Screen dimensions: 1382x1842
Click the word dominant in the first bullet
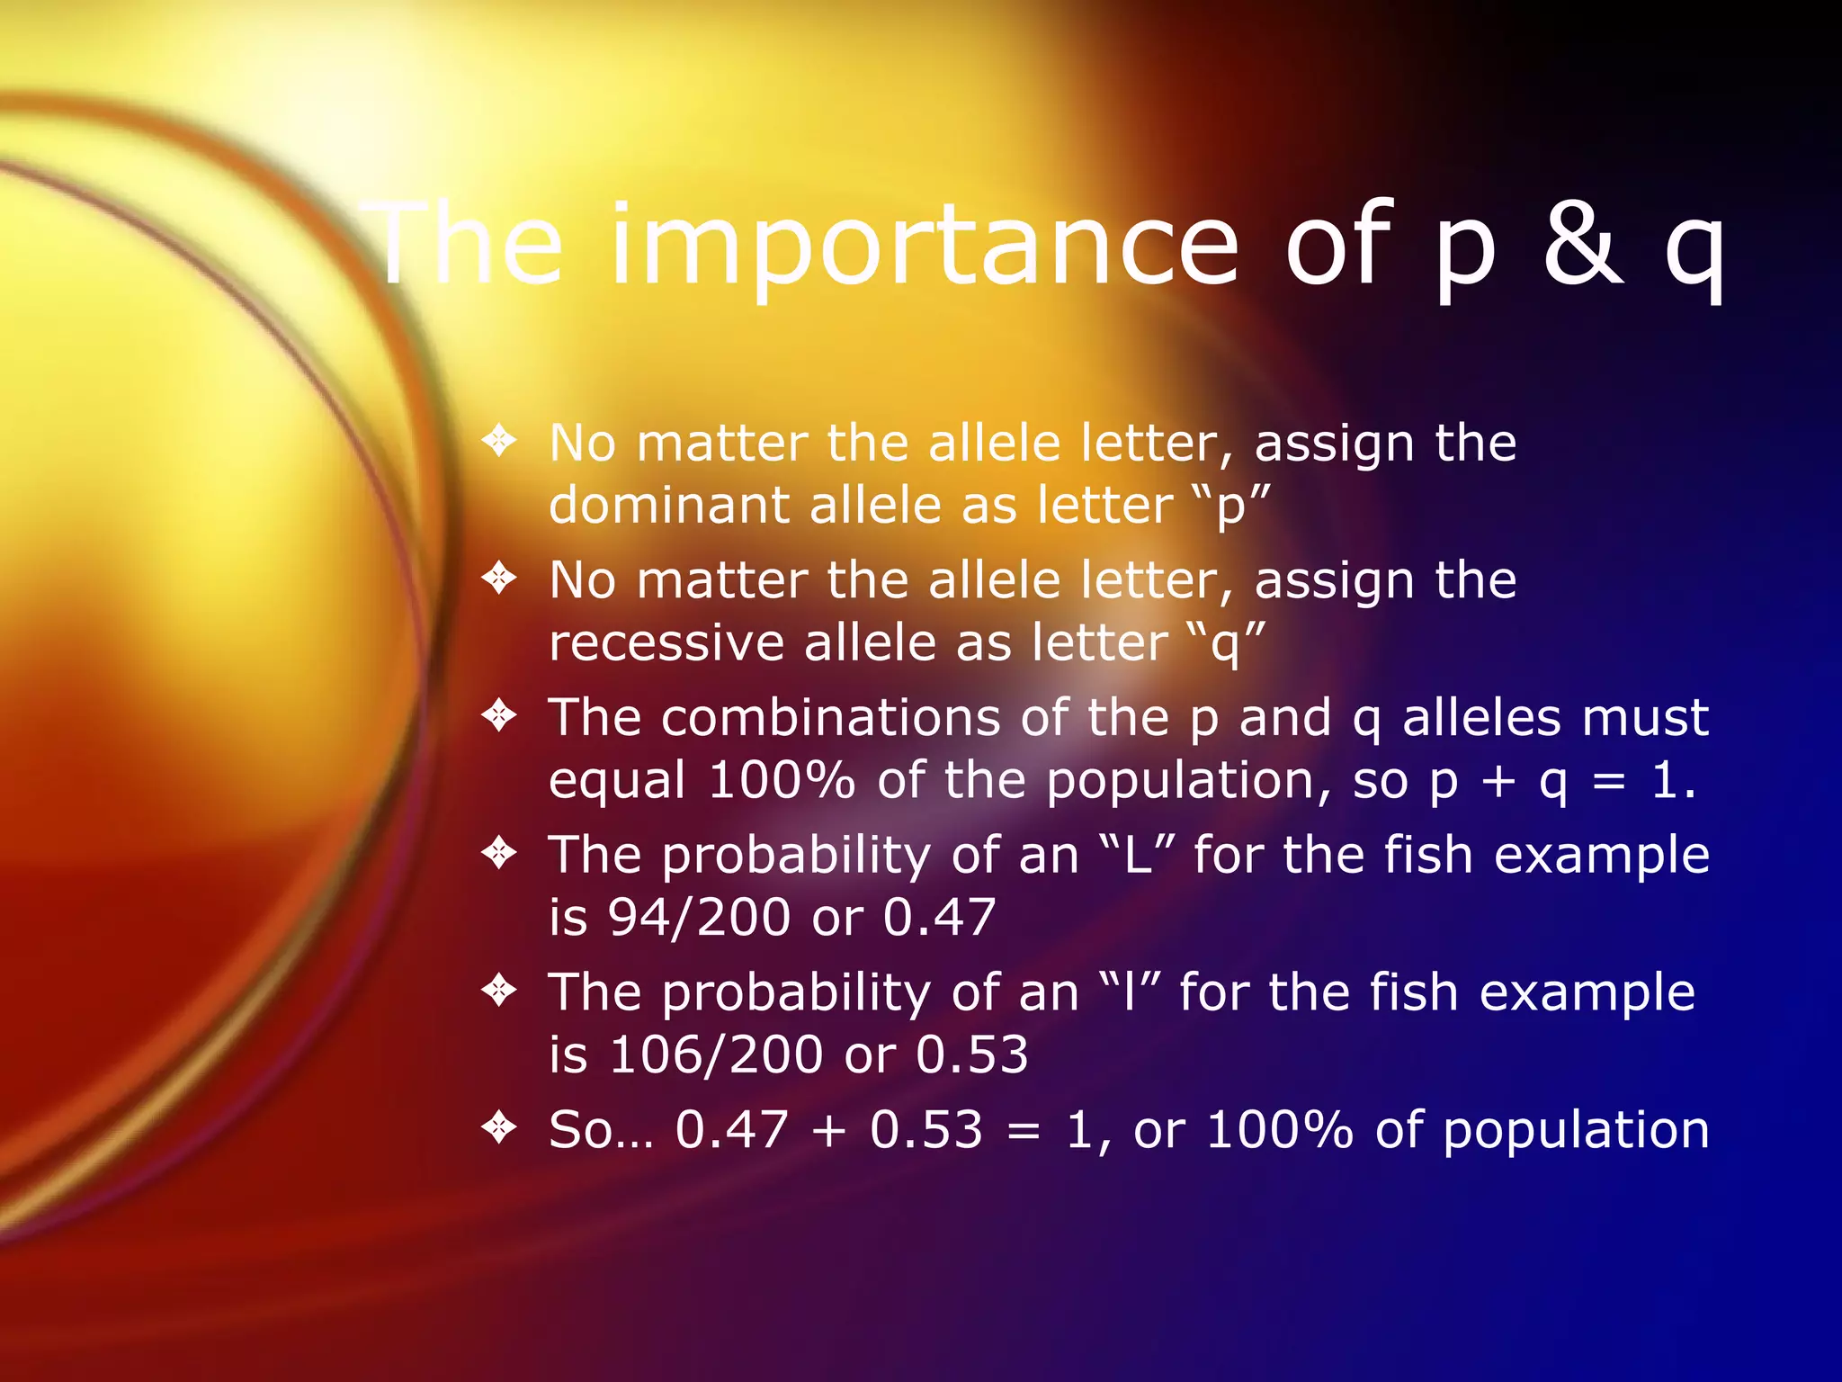click(668, 505)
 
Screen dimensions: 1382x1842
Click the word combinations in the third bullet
click(831, 717)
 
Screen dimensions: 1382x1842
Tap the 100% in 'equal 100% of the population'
click(781, 780)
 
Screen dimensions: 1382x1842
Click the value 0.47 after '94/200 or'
click(939, 918)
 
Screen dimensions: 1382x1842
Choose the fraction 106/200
click(716, 1054)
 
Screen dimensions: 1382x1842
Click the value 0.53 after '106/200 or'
click(971, 1054)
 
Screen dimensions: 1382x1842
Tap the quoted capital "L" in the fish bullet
click(1138, 855)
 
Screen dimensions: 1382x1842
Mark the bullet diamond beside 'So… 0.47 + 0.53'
click(499, 1126)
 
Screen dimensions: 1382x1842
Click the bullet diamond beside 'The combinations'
click(499, 715)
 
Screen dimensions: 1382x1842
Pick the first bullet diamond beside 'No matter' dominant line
click(499, 441)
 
